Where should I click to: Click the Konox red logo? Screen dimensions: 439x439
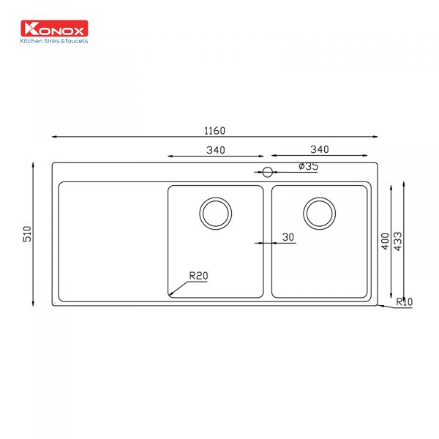tap(54, 29)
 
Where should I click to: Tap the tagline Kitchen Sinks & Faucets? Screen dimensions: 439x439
tap(54, 41)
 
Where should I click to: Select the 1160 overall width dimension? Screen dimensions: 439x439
tap(214, 131)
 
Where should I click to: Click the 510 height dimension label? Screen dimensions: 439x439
tap(27, 234)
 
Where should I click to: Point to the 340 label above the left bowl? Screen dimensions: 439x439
tap(216, 150)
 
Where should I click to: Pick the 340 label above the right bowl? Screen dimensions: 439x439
tap(320, 149)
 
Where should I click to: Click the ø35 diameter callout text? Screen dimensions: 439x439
tap(309, 166)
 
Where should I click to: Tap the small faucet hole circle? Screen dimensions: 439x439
tap(267, 172)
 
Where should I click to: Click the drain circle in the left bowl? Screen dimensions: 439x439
tap(216, 214)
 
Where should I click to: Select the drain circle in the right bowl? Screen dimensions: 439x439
tap(320, 214)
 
